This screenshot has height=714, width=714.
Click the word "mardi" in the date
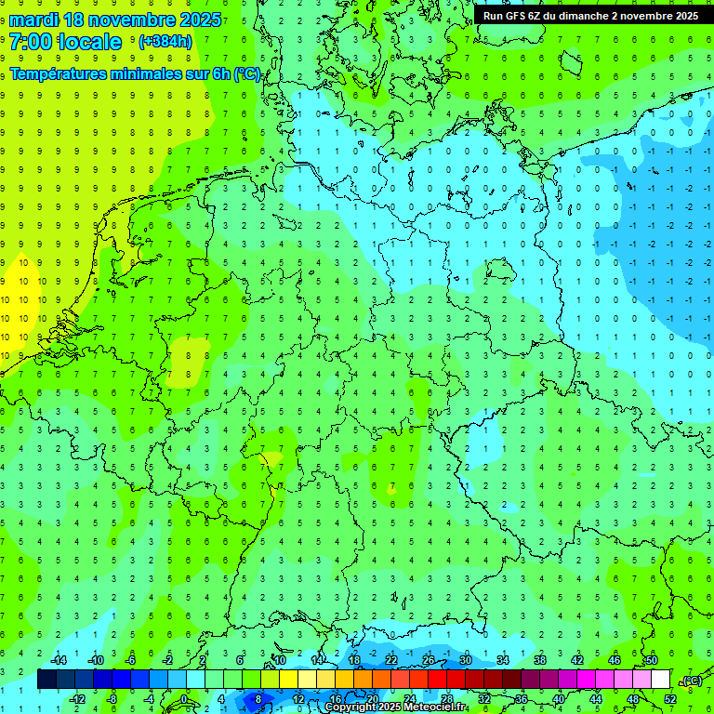pyautogui.click(x=33, y=20)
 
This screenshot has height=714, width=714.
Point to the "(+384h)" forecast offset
pyautogui.click(x=165, y=42)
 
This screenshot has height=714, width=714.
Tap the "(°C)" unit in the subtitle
pyautogui.click(x=246, y=74)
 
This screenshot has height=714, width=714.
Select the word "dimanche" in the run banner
pyautogui.click(x=582, y=16)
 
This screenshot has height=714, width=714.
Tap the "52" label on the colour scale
pyautogui.click(x=669, y=699)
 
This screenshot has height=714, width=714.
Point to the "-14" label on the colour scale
pyautogui.click(x=58, y=660)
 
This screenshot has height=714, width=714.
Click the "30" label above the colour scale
pyautogui.click(x=465, y=660)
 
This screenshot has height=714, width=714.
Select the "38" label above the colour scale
pyautogui.click(x=539, y=660)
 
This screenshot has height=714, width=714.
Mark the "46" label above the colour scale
pyautogui.click(x=614, y=660)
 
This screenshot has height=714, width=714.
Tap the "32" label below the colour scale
pyautogui.click(x=483, y=699)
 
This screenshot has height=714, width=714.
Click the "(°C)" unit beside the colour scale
pyautogui.click(x=690, y=681)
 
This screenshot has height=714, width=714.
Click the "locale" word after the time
pyautogui.click(x=89, y=42)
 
